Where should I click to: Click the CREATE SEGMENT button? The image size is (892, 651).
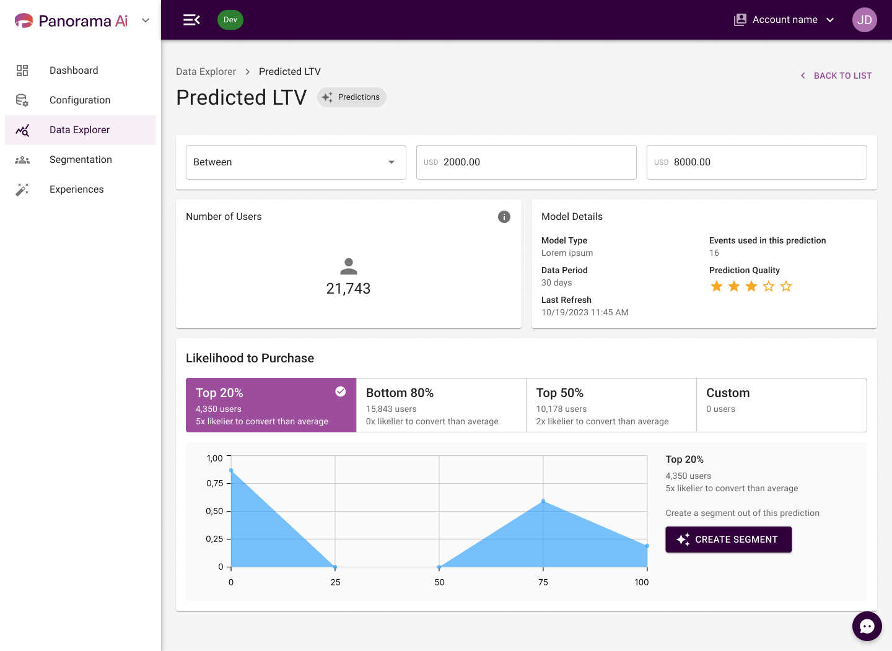click(728, 539)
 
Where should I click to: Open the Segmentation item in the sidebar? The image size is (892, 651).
click(80, 160)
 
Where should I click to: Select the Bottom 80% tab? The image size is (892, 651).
click(441, 405)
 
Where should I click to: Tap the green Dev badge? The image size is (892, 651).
click(230, 19)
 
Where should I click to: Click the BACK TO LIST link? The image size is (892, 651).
click(836, 76)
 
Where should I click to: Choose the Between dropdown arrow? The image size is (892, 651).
click(391, 162)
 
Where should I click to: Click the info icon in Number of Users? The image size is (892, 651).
click(504, 217)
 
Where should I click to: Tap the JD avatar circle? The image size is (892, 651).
click(864, 20)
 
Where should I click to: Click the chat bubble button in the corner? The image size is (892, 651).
click(867, 626)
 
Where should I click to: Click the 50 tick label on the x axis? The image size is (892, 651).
click(439, 582)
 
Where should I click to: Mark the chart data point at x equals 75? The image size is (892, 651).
click(543, 501)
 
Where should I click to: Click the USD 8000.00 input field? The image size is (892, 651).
click(756, 162)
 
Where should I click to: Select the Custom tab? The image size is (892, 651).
click(781, 405)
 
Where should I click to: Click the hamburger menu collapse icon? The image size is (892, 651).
click(191, 20)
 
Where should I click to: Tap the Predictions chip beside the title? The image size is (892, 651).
click(351, 97)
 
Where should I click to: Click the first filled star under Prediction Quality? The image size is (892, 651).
click(716, 286)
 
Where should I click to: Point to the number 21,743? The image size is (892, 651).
click(348, 289)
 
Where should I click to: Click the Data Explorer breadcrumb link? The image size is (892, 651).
click(206, 72)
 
